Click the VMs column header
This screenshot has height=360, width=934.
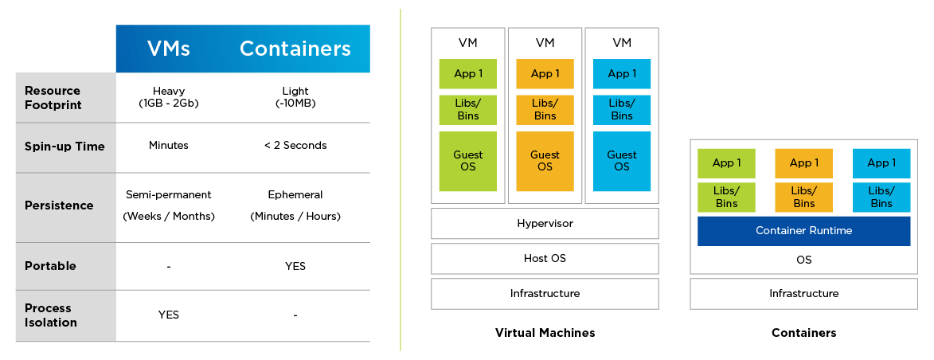pyautogui.click(x=169, y=49)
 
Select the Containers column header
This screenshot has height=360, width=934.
pyautogui.click(x=295, y=49)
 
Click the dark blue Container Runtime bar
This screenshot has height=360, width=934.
pyautogui.click(x=803, y=231)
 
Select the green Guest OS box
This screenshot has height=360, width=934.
pyautogui.click(x=467, y=162)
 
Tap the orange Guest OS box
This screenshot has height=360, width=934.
pyautogui.click(x=545, y=162)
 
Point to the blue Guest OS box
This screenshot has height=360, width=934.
pyautogui.click(x=622, y=162)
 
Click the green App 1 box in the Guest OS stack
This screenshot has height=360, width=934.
pyautogui.click(x=467, y=74)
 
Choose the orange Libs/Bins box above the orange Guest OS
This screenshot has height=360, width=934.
pyautogui.click(x=545, y=110)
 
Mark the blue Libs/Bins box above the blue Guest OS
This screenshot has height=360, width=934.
pyautogui.click(x=622, y=110)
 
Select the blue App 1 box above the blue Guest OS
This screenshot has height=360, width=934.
pyautogui.click(x=622, y=74)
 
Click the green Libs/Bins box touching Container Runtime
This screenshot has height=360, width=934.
pyautogui.click(x=726, y=198)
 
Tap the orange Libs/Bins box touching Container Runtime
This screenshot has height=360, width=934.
pyautogui.click(x=803, y=198)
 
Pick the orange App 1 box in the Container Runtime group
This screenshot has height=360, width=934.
pyautogui.click(x=803, y=163)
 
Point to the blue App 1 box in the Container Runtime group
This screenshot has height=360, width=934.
pyautogui.click(x=881, y=163)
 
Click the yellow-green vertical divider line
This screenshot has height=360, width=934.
pyautogui.click(x=401, y=180)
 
